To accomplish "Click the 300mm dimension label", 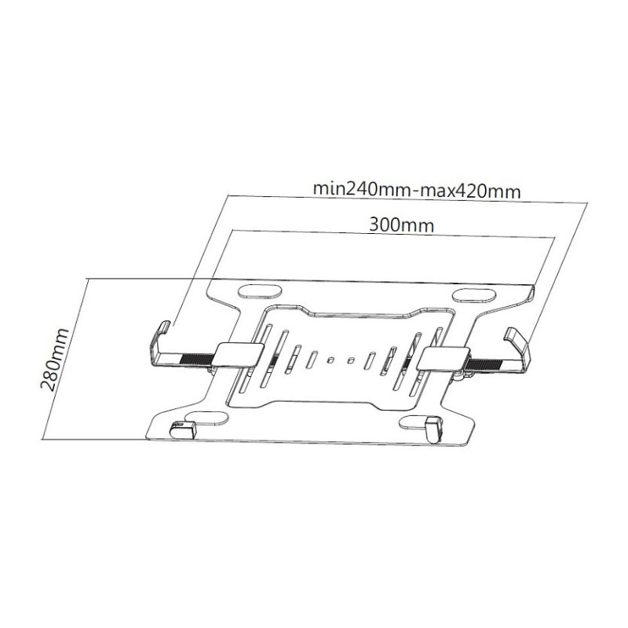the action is tap(401, 225).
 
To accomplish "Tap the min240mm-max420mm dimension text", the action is tap(417, 190).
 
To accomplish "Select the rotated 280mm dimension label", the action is tap(55, 359).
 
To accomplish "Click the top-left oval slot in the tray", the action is tap(261, 290).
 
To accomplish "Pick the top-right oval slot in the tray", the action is tap(475, 296).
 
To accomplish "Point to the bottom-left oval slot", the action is tap(208, 418).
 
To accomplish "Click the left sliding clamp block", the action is tap(239, 354).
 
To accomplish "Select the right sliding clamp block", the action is tap(443, 359).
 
